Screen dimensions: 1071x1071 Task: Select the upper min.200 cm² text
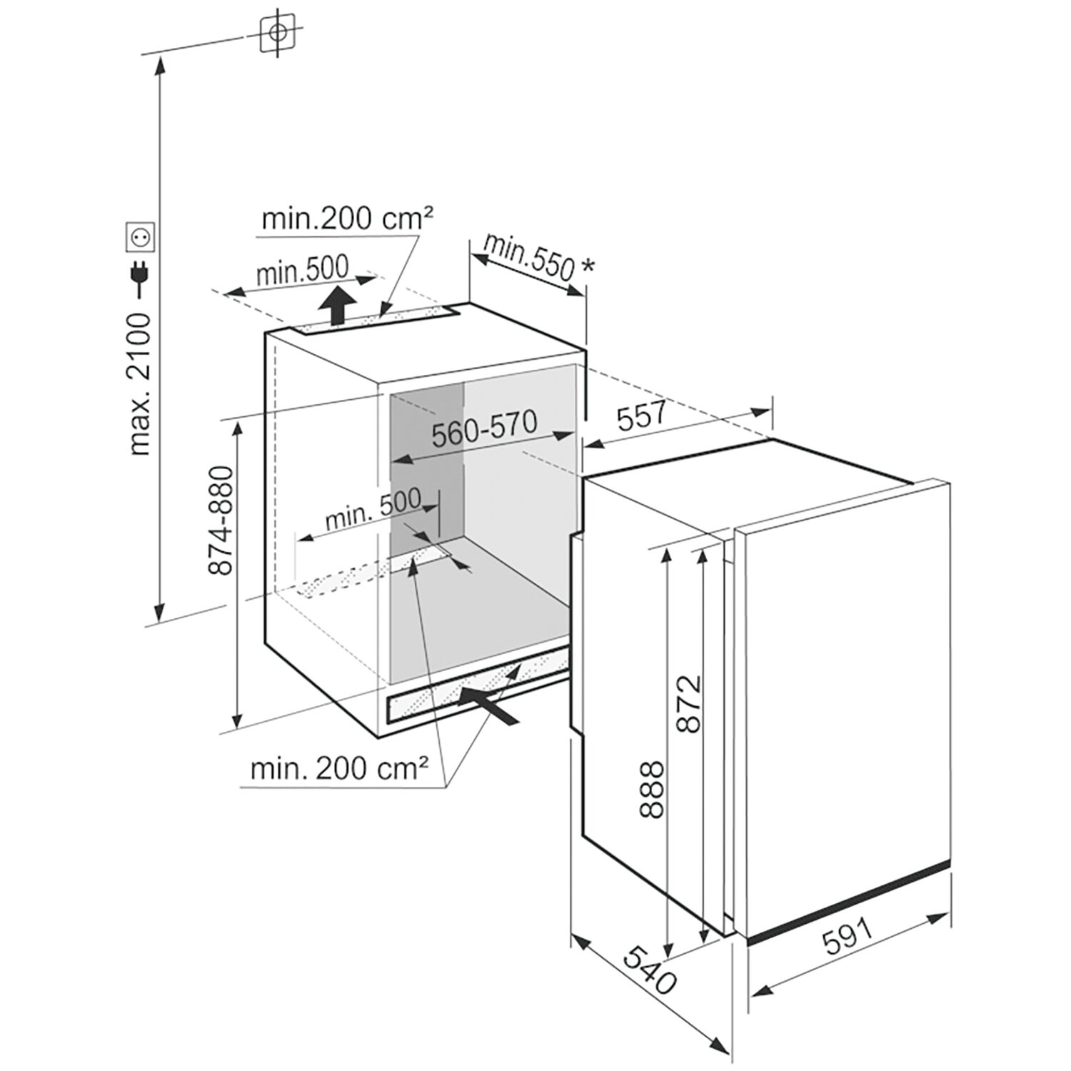click(348, 218)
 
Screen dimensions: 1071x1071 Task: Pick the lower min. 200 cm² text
click(339, 768)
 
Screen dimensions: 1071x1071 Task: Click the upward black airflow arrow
click(337, 305)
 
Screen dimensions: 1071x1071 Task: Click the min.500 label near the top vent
click(303, 270)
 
